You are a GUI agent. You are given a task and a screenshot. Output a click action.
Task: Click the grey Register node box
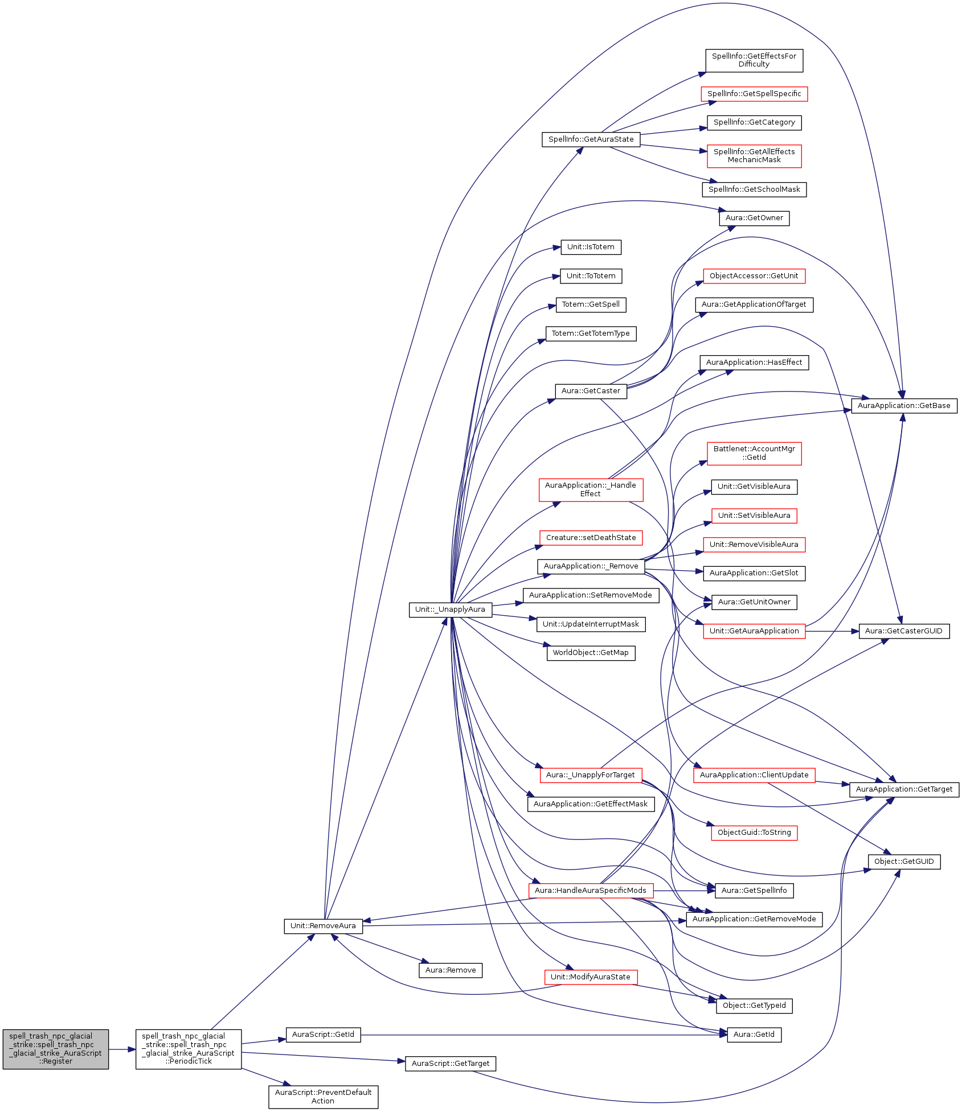(55, 1049)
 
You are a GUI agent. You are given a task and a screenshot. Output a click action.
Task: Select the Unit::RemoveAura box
(323, 926)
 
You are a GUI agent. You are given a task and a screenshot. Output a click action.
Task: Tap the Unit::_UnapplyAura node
(450, 609)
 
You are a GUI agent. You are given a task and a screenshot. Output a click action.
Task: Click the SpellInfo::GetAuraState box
(591, 139)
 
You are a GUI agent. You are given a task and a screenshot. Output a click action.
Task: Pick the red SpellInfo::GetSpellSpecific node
(754, 94)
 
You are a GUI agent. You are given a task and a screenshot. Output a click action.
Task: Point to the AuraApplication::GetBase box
(904, 406)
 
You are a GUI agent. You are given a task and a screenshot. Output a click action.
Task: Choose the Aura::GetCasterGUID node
(903, 631)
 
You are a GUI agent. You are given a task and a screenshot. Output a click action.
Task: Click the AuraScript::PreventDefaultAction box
(323, 1097)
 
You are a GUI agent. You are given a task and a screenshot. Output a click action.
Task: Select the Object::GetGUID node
(904, 862)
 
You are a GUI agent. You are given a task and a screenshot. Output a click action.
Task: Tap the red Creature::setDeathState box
(591, 538)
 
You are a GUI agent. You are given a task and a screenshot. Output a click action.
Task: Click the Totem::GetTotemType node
(591, 333)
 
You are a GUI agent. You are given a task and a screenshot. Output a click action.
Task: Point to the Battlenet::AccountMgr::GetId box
(754, 453)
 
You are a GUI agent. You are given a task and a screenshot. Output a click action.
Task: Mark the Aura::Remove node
(450, 970)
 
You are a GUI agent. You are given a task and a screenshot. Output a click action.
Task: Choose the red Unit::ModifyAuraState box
(591, 977)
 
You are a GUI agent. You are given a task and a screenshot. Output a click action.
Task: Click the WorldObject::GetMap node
(591, 653)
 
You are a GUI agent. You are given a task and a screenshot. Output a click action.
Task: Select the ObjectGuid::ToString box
(754, 833)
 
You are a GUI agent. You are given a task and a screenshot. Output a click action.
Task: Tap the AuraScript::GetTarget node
(450, 1064)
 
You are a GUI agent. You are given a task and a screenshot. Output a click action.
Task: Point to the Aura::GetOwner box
(754, 218)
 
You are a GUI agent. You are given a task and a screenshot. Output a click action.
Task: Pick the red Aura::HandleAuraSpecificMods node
(591, 891)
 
